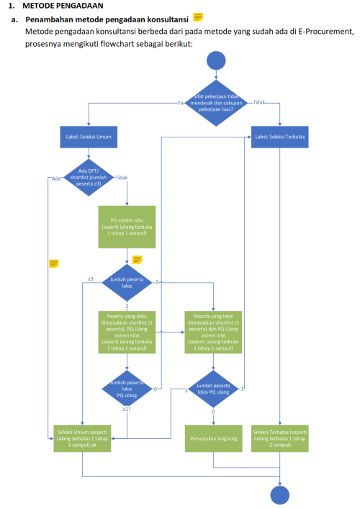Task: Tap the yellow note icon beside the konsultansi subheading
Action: click(x=198, y=17)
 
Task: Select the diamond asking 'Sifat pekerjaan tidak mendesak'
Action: click(x=217, y=103)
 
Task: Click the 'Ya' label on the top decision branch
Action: click(x=180, y=104)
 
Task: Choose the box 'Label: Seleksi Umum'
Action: click(x=88, y=135)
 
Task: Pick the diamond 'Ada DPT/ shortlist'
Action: click(x=88, y=177)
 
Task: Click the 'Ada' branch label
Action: click(x=55, y=178)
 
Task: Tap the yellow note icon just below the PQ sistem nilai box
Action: click(x=137, y=260)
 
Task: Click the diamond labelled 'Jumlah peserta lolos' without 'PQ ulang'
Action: click(x=127, y=282)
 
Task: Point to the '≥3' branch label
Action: click(x=91, y=278)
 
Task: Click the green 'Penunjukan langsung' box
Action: click(x=213, y=435)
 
